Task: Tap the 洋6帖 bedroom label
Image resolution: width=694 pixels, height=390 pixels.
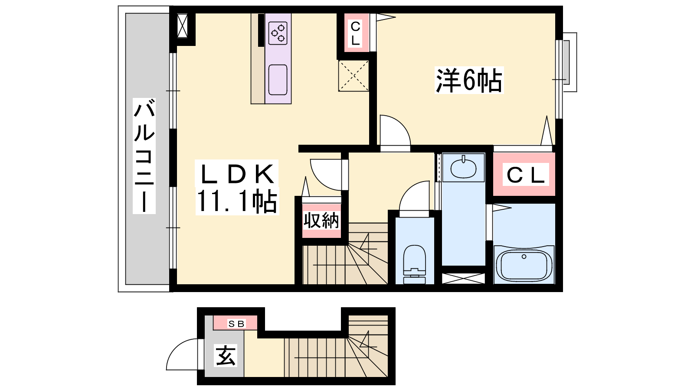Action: coord(469,80)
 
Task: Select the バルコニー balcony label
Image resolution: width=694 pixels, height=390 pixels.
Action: coord(144,156)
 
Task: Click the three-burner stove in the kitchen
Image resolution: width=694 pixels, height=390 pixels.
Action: coord(278,33)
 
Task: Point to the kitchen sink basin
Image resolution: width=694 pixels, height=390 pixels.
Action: coord(278,80)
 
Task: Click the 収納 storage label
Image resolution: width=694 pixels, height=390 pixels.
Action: coord(321,221)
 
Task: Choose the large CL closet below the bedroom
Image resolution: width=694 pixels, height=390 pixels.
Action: coord(525,175)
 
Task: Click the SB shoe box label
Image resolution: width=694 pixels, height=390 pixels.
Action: coord(237,323)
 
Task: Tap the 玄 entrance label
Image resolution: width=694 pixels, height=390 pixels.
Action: coord(226,356)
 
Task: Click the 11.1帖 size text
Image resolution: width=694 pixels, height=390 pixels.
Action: coord(237,201)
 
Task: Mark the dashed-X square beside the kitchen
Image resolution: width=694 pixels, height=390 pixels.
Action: coord(354,76)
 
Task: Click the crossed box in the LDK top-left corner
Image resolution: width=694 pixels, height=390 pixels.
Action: coord(182,26)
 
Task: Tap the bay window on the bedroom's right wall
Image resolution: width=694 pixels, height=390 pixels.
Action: coord(566,62)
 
